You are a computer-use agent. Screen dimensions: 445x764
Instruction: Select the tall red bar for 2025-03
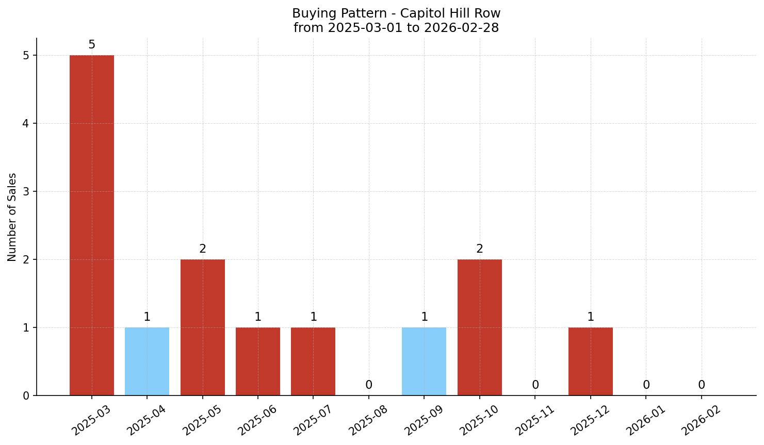coord(92,225)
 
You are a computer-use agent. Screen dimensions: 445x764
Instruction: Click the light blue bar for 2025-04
coord(147,361)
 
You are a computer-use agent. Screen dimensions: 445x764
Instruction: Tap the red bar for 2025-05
coord(203,327)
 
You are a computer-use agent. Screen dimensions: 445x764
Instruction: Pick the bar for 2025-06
coord(258,361)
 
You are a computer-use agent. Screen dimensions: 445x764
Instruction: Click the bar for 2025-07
coord(313,361)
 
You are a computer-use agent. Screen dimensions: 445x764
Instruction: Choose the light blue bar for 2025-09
coord(424,361)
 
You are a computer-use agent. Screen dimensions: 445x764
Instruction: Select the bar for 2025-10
coord(480,327)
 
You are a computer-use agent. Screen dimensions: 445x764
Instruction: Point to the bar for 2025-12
coord(591,361)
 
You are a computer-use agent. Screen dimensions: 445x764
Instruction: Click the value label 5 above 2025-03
coord(92,45)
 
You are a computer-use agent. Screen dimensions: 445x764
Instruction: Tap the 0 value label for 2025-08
coord(369,385)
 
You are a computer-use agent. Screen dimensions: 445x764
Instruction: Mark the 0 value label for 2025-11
coord(535,385)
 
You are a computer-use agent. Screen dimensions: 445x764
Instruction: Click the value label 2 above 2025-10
coord(480,249)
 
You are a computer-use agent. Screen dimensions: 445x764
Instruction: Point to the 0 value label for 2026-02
coord(702,385)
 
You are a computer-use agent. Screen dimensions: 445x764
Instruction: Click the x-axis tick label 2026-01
coord(646,420)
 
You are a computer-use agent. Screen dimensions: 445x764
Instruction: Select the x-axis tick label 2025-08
coord(368,420)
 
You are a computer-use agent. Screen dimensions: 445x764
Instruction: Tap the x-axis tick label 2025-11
coord(535,420)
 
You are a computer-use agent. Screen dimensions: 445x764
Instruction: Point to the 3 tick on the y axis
coord(26,192)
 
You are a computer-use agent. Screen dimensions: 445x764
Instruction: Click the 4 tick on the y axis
coord(26,124)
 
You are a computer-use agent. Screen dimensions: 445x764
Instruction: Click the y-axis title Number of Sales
coord(12,217)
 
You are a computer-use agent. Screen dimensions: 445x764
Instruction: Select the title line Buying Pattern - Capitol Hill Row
coord(396,13)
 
